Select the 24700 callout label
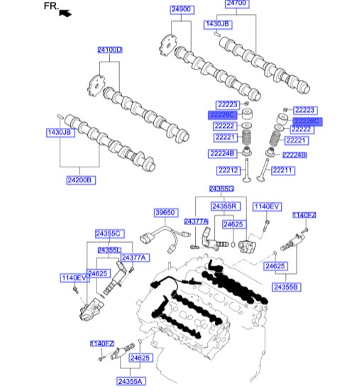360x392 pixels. point(236,4)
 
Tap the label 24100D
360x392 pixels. point(110,50)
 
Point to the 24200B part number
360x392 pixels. point(80,180)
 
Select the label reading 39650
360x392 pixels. point(165,212)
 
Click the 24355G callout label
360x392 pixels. point(221,189)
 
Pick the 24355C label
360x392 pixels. point(109,234)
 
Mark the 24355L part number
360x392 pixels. point(109,250)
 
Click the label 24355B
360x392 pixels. point(286,286)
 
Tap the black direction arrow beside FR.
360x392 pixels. point(66,13)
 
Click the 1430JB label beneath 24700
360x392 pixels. point(218,24)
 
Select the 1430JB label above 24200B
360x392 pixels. point(60,133)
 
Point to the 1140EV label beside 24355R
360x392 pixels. point(268,206)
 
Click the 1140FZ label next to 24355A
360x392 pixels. point(102,344)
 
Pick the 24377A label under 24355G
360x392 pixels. point(196,222)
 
